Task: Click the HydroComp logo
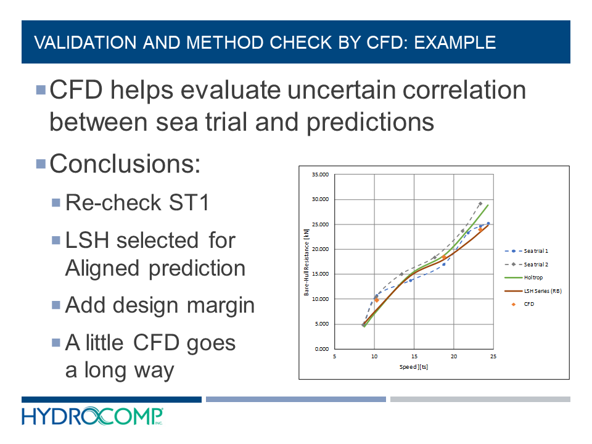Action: click(x=92, y=417)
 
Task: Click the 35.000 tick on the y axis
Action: click(x=319, y=175)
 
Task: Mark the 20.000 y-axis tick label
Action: click(x=319, y=249)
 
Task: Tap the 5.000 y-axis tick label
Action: click(x=321, y=324)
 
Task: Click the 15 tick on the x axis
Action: click(x=414, y=356)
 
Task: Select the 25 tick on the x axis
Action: click(x=493, y=356)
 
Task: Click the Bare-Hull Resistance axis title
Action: click(x=306, y=261)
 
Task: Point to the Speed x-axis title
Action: click(x=413, y=366)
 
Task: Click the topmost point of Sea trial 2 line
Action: click(x=480, y=203)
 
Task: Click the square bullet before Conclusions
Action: click(x=41, y=164)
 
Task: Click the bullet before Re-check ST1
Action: click(x=57, y=202)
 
